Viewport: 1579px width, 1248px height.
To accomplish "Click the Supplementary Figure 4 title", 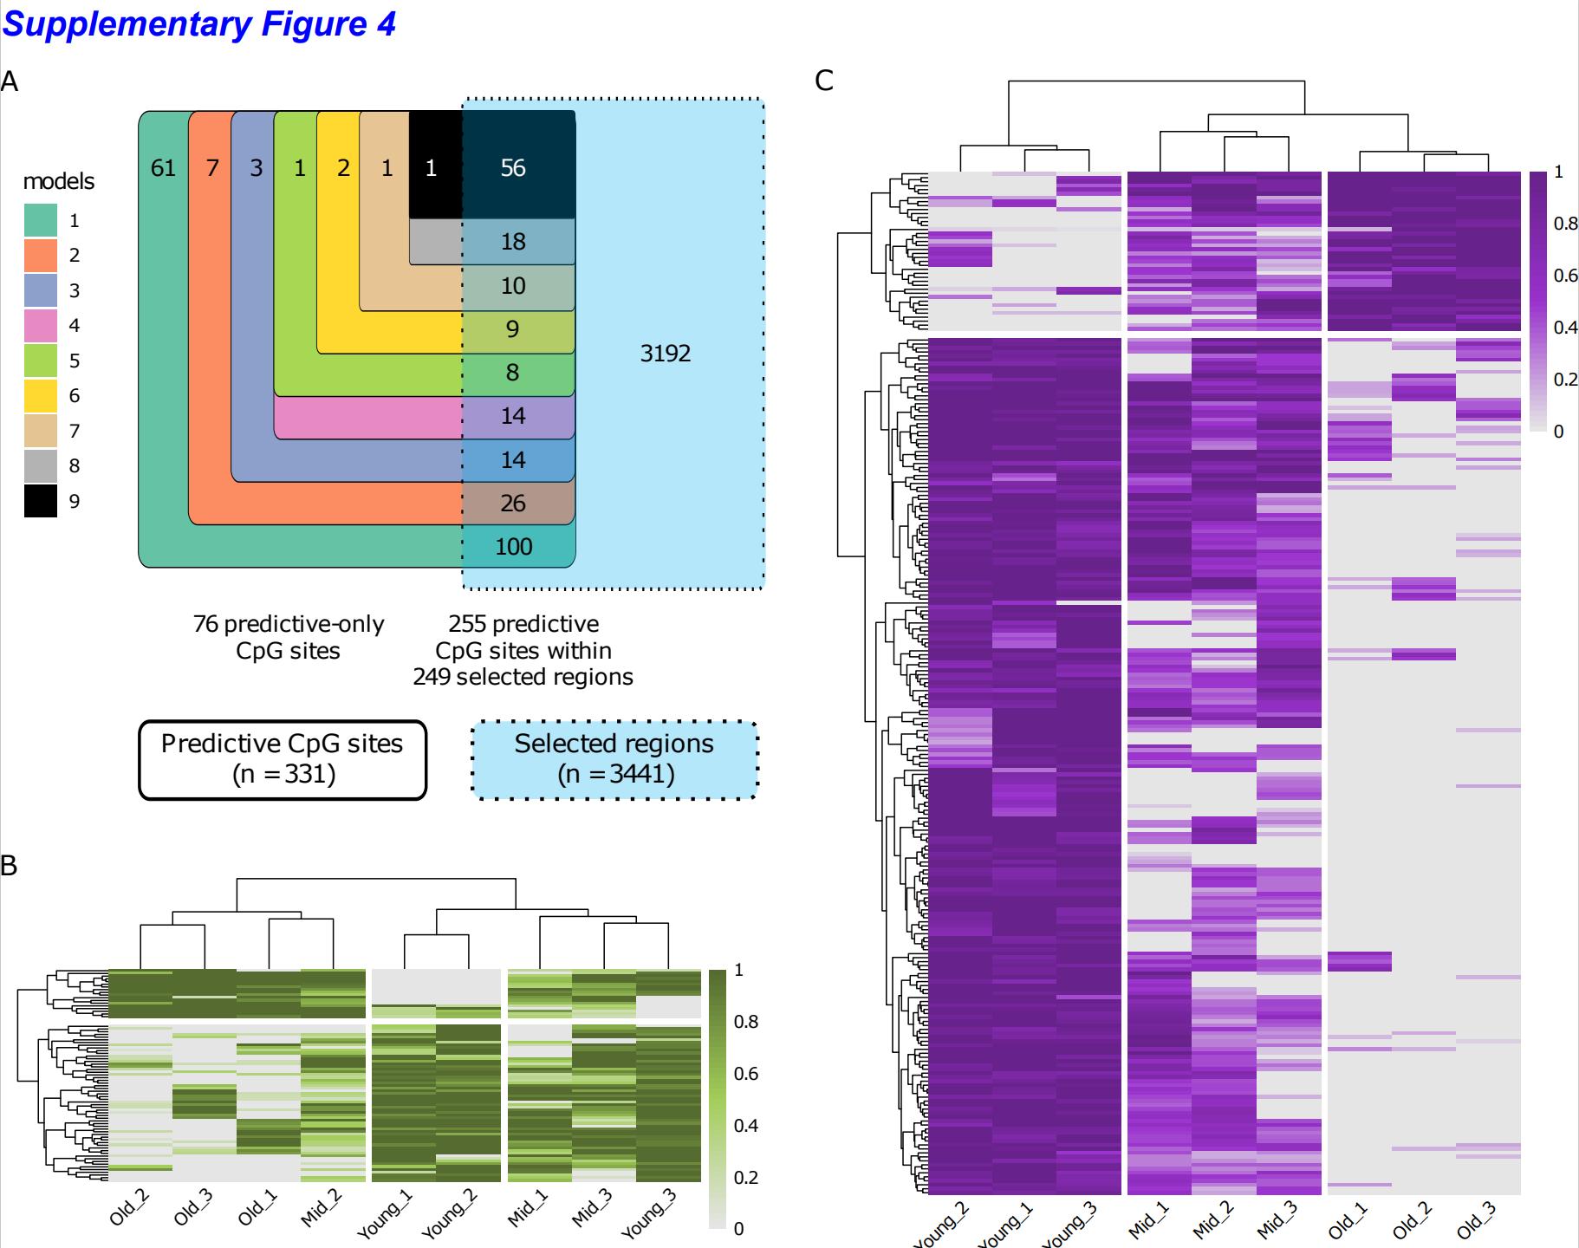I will (x=198, y=23).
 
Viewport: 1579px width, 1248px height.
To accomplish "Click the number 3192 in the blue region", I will (x=665, y=354).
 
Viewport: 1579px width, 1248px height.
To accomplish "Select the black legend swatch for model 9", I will (x=41, y=501).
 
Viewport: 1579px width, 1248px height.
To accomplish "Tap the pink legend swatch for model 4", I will (x=41, y=326).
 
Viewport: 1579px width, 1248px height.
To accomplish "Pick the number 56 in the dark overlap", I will (x=513, y=168).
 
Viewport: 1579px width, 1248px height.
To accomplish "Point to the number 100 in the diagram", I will (x=513, y=547).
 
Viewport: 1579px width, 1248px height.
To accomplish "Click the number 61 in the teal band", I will (x=163, y=168).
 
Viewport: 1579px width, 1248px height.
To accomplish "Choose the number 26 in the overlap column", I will (x=513, y=504).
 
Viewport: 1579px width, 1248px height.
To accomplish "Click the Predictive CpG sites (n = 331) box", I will (x=283, y=759).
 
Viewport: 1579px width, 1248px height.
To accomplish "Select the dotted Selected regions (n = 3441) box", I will (x=614, y=759).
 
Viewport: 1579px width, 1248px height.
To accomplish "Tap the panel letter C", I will (x=824, y=81).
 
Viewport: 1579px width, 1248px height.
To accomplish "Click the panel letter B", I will (x=9, y=865).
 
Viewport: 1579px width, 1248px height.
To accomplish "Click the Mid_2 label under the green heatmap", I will (x=322, y=1209).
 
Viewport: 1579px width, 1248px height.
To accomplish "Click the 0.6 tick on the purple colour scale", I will (x=1565, y=276).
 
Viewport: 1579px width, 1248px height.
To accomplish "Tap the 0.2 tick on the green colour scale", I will (x=745, y=1177).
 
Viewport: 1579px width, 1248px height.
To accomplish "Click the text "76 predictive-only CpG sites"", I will (x=288, y=637).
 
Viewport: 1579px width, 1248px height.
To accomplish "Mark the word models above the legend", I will (x=58, y=181).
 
